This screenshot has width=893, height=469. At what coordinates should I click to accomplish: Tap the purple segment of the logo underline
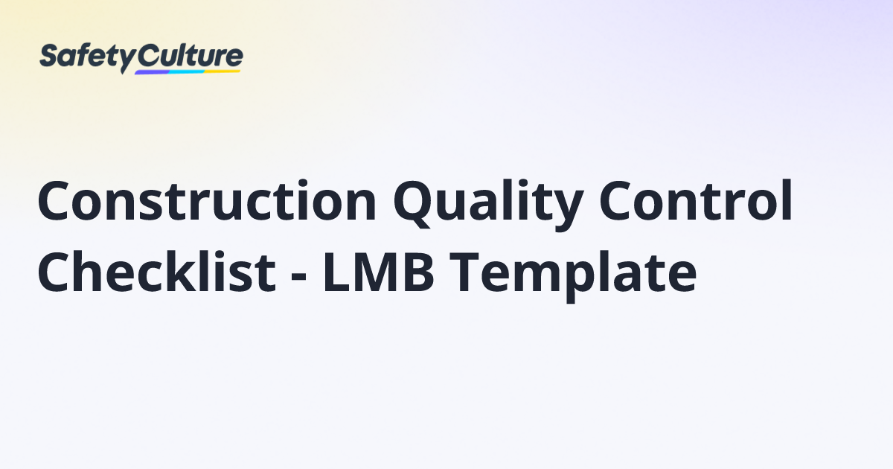coord(153,73)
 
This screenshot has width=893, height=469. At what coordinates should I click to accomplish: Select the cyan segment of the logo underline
coord(186,71)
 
